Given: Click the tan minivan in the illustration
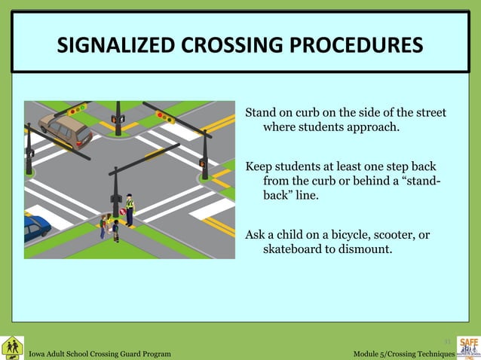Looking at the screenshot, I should click(66, 129).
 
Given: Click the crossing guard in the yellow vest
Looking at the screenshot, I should click(130, 209).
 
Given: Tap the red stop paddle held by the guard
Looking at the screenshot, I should click(122, 212).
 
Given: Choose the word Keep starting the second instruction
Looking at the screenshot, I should click(259, 166).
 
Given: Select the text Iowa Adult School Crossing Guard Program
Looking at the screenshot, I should click(100, 354).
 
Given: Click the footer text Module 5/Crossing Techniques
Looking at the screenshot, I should click(403, 354).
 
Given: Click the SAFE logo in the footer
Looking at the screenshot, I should click(468, 347).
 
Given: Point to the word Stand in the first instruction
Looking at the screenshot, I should click(261, 113).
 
